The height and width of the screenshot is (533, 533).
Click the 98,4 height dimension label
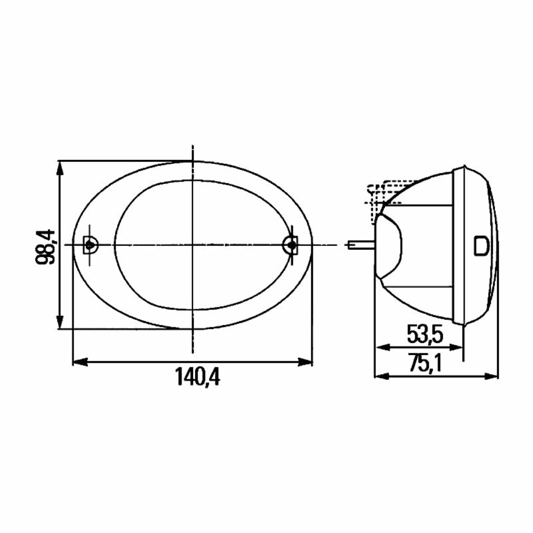point(45,246)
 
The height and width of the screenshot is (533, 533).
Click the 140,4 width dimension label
point(197,377)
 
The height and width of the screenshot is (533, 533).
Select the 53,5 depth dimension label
point(425,335)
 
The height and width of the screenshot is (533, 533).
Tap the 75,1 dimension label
point(425,363)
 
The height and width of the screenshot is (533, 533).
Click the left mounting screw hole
point(90,245)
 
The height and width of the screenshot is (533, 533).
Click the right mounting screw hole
point(291,245)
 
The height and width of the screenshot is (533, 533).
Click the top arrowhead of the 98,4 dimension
point(60,167)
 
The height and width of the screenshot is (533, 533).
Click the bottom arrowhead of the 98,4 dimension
point(60,322)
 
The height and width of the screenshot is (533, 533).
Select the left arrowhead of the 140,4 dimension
point(80,362)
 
